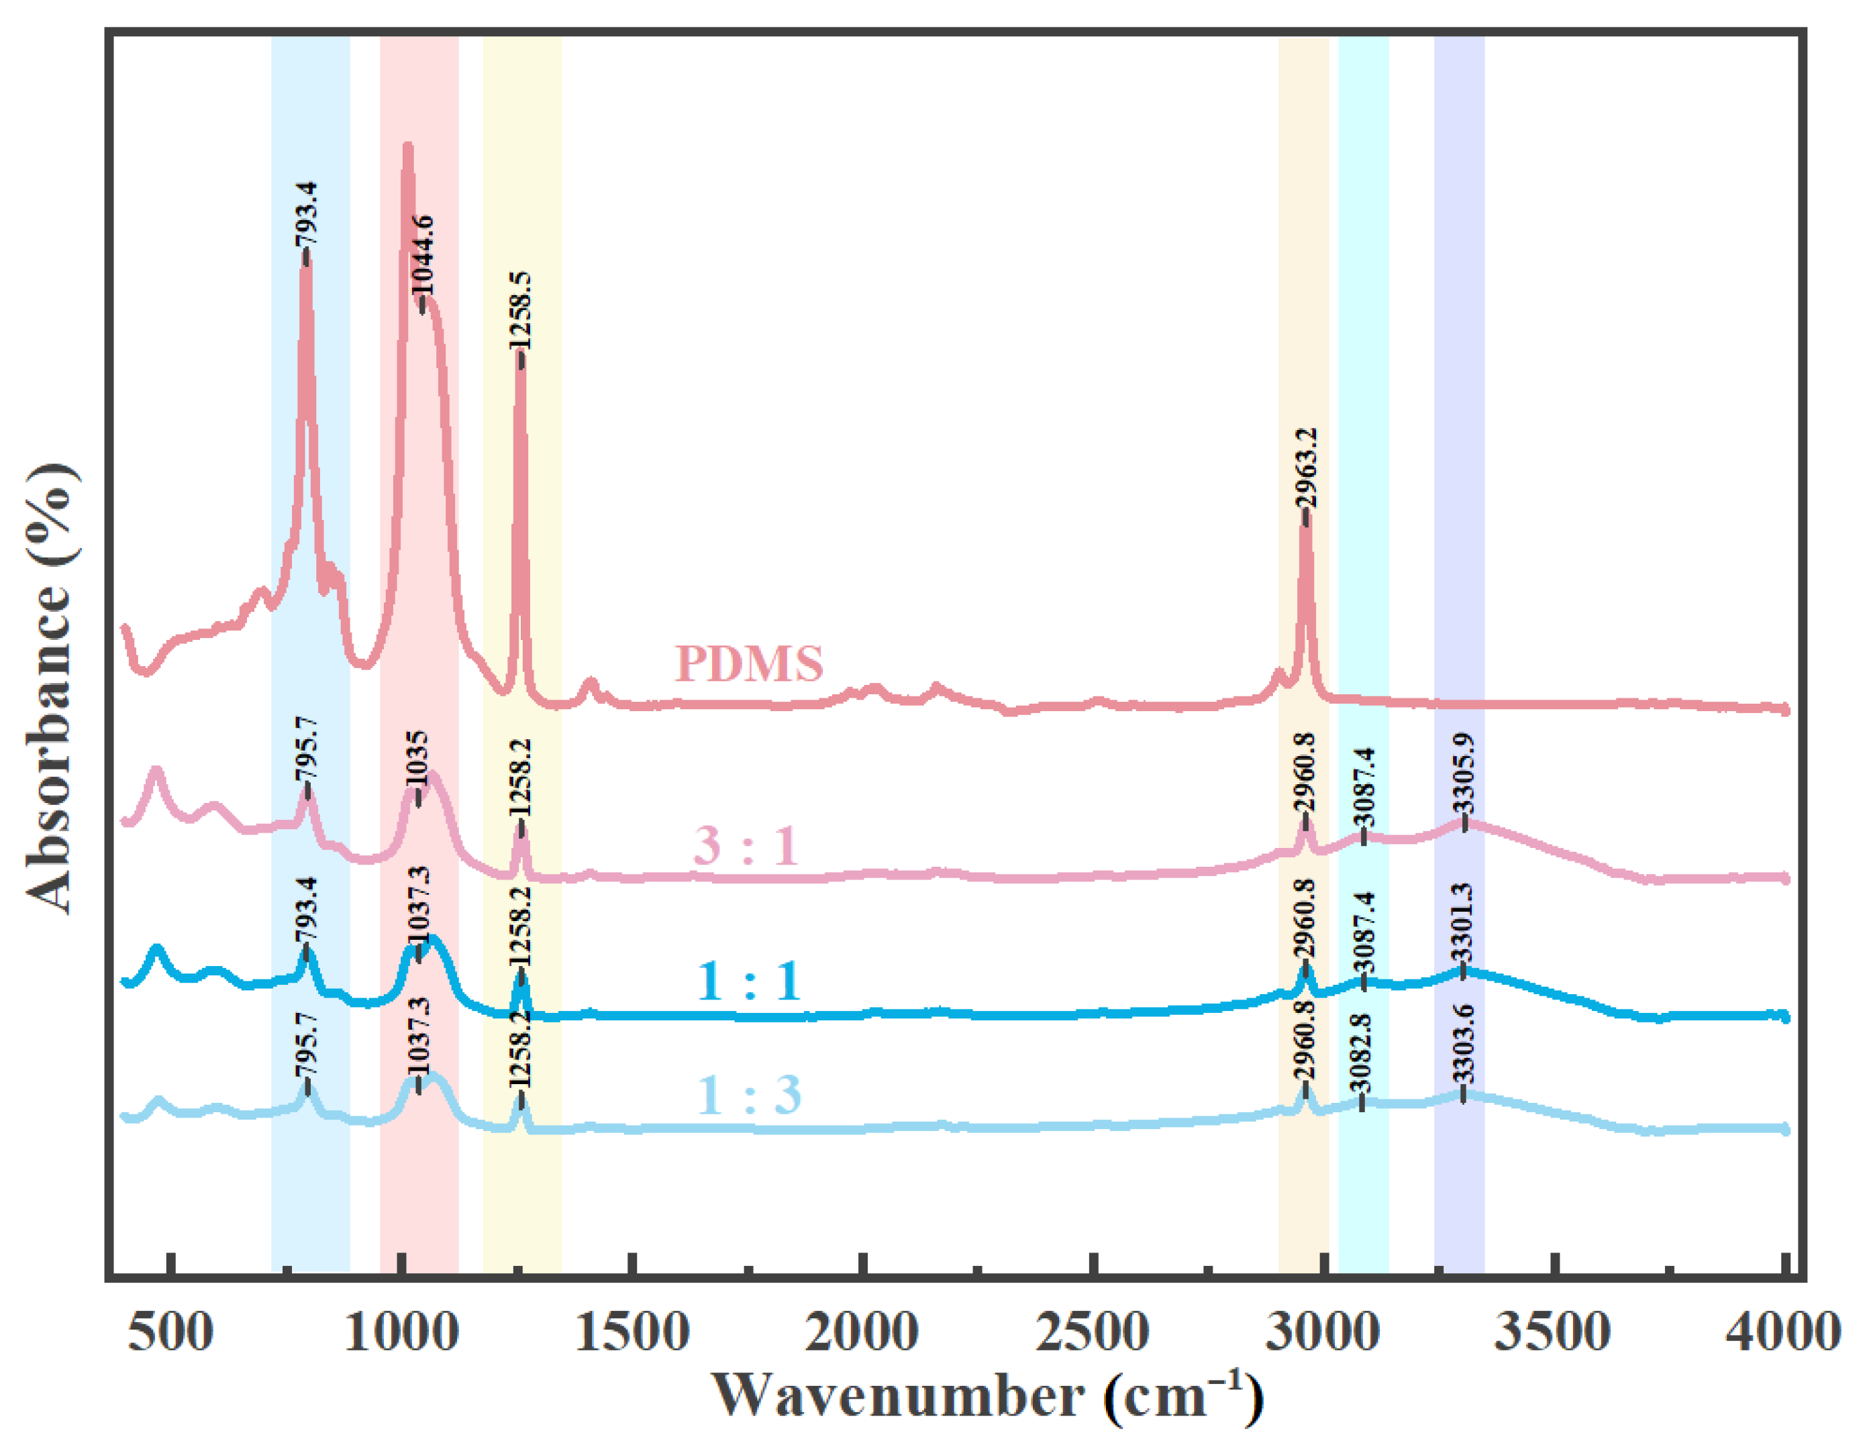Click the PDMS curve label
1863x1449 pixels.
coord(749,663)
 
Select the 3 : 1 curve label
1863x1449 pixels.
coord(746,846)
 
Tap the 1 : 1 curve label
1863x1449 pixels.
coord(749,981)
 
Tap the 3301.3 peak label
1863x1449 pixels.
coord(1462,921)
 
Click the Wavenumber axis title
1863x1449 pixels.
coord(985,1397)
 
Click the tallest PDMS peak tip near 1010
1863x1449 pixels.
coord(407,147)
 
